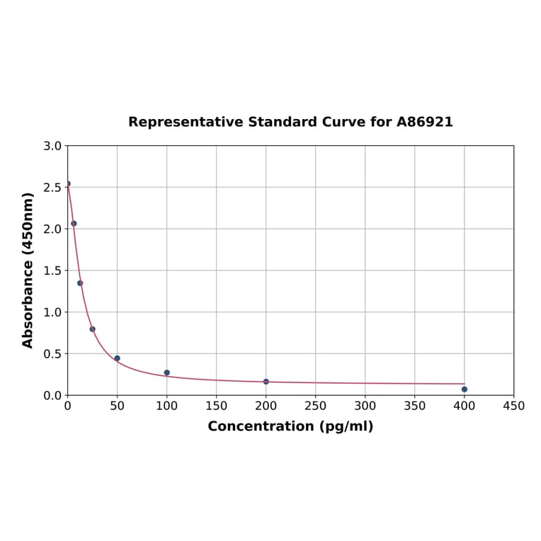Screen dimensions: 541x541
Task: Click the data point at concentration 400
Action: coord(465,389)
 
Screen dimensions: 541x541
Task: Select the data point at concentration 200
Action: coord(266,382)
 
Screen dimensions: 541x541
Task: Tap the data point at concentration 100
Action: coord(167,372)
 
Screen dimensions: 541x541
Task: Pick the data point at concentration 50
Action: coord(118,358)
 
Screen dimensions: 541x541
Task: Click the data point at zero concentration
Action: coord(68,183)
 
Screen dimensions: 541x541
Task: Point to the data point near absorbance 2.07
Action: coord(74,223)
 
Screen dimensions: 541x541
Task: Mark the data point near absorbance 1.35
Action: coord(80,283)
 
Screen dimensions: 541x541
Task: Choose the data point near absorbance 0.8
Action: coord(93,329)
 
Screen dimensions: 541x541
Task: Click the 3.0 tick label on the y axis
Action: coord(52,146)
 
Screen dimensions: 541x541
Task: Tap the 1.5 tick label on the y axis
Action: coord(52,270)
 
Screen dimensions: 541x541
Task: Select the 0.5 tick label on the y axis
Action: coord(52,353)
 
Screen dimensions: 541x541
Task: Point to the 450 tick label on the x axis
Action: coord(514,406)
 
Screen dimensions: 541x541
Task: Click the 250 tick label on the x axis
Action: coord(316,406)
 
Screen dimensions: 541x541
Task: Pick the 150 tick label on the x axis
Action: coord(217,406)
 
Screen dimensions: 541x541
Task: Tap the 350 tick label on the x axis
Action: coord(415,406)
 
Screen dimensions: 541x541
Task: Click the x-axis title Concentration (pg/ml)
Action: coord(290,426)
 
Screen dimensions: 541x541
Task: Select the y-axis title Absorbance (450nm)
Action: coord(28,270)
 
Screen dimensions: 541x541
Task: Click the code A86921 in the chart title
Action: coord(424,122)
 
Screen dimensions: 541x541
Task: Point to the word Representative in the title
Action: coord(186,122)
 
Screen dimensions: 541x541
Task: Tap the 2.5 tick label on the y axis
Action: coord(52,188)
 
